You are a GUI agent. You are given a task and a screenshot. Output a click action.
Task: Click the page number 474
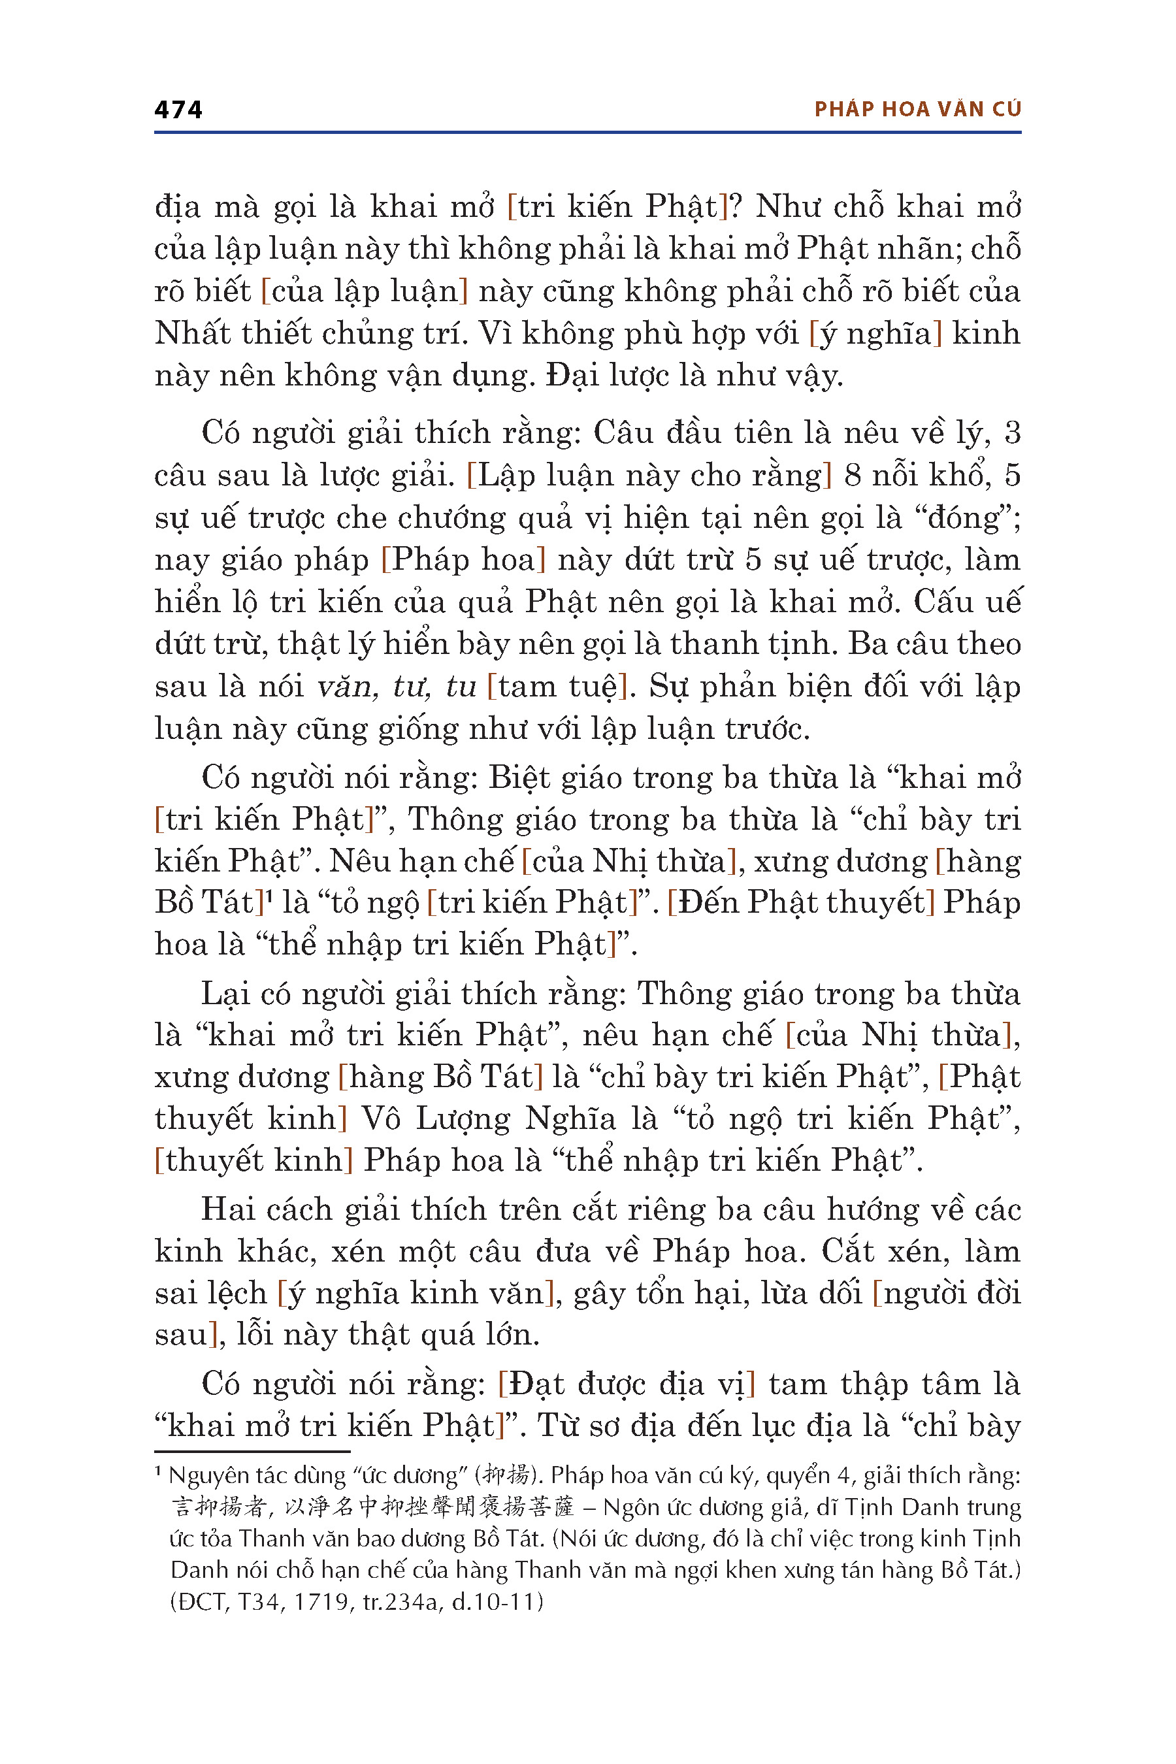coord(178,110)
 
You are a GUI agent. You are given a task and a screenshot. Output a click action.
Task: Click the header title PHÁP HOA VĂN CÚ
coord(917,110)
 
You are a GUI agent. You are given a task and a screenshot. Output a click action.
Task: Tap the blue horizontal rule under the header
coord(587,133)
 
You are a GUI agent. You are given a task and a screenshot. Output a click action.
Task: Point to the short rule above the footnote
coord(252,1451)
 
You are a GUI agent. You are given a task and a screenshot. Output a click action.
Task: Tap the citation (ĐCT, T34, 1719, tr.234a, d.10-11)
coord(356,1601)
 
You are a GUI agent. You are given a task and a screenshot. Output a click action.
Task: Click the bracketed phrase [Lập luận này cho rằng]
coord(649,476)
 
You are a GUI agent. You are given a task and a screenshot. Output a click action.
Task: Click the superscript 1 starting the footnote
coord(159,1472)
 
